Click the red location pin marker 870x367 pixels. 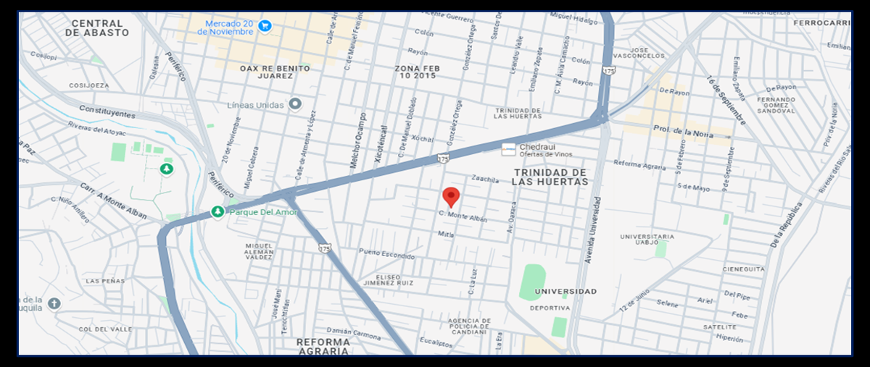point(451,196)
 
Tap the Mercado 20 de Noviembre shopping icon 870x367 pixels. point(265,26)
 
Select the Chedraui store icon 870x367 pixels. point(510,148)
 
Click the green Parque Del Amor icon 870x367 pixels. point(217,212)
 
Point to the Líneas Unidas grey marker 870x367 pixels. point(295,104)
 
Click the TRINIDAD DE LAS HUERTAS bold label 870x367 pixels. point(550,177)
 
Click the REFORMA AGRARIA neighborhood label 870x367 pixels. point(323,346)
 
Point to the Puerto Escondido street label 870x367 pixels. point(387,254)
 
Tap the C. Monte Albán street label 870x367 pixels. point(463,216)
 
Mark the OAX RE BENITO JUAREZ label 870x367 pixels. point(275,72)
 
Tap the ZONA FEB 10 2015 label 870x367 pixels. point(418,72)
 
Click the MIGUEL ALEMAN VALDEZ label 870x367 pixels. point(259,251)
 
